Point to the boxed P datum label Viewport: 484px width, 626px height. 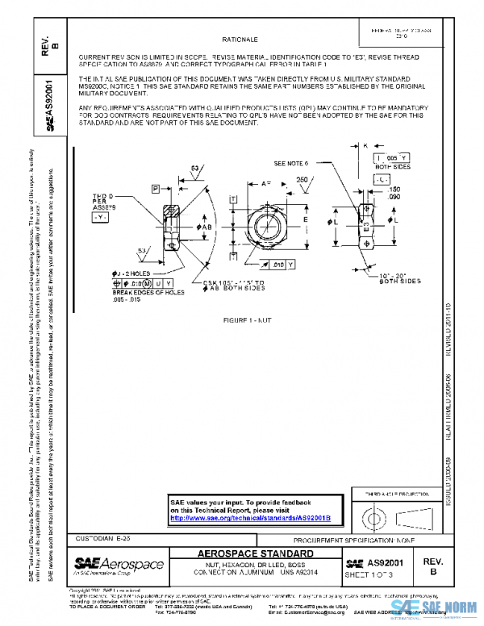pos(155,188)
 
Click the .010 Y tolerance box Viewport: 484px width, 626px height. pos(282,264)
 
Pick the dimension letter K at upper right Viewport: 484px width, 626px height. pos(365,145)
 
